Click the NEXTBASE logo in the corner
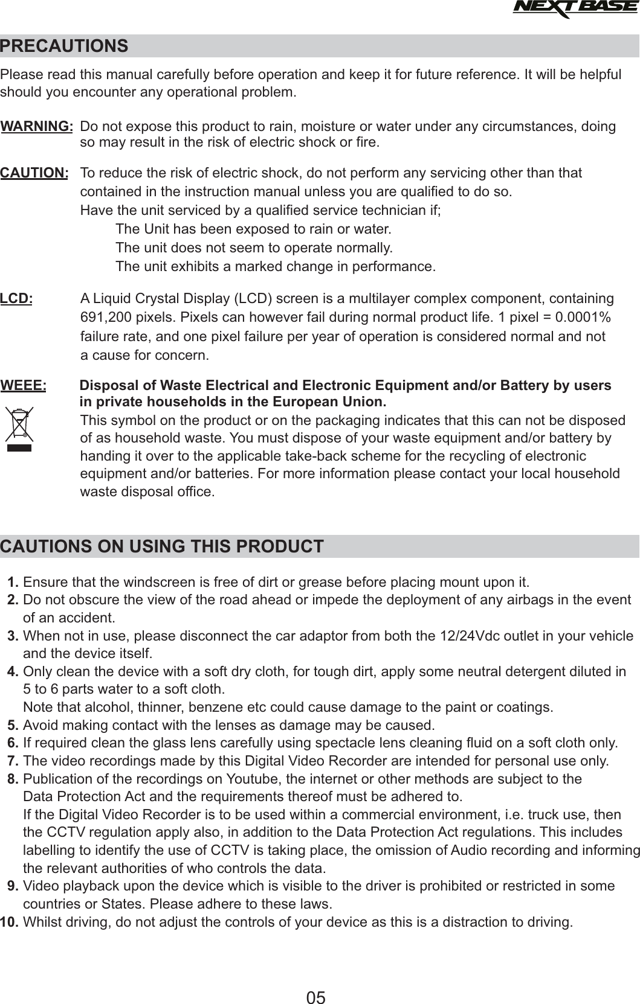pyautogui.click(x=574, y=9)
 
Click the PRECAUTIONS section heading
pyautogui.click(x=65, y=46)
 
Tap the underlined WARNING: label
pyautogui.click(x=37, y=127)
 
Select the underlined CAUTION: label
pyautogui.click(x=34, y=173)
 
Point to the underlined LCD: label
pyautogui.click(x=17, y=299)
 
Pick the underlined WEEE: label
pyautogui.click(x=24, y=386)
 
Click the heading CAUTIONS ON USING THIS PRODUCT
pyautogui.click(x=162, y=547)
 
